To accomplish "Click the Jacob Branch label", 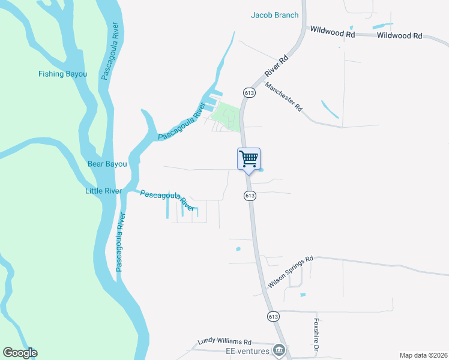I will pyautogui.click(x=274, y=15).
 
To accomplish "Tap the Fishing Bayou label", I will pyautogui.click(x=63, y=74).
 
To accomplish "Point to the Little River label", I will pyautogui.click(x=103, y=191).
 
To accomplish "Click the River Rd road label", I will pyautogui.click(x=276, y=67).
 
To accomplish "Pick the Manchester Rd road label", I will pyautogui.click(x=283, y=97).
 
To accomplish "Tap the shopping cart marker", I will pyautogui.click(x=249, y=160).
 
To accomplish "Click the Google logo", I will pyautogui.click(x=20, y=353).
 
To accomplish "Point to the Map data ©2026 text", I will pyautogui.click(x=423, y=355).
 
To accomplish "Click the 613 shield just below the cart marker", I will pyautogui.click(x=250, y=196).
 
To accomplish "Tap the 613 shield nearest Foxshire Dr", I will pyautogui.click(x=274, y=316).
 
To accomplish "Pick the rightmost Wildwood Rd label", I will pyautogui.click(x=400, y=36).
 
